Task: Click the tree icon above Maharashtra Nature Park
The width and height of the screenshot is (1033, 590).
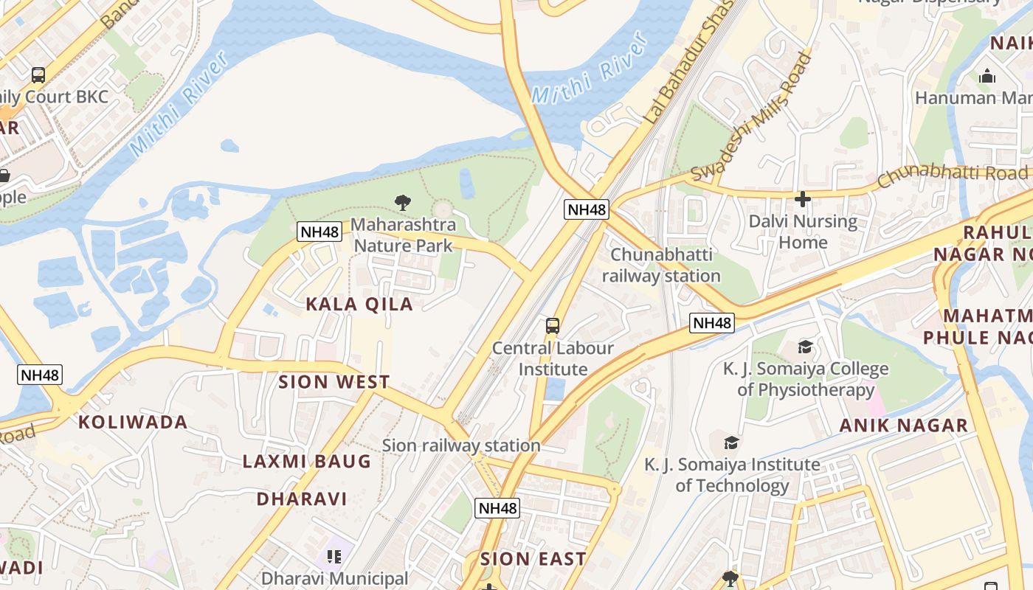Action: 403,202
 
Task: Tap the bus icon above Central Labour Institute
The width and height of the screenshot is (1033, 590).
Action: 552,325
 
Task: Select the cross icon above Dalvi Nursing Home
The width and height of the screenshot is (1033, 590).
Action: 803,198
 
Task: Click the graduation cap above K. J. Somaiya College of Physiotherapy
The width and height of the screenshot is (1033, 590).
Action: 805,347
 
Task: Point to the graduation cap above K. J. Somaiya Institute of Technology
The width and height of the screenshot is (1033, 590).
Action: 731,442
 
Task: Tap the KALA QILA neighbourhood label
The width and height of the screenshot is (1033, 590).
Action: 359,304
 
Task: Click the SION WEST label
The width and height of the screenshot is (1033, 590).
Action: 334,382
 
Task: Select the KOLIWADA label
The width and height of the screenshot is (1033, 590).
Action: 133,423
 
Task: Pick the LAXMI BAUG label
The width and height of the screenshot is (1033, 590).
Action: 307,462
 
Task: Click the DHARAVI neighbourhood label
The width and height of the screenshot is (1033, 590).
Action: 302,499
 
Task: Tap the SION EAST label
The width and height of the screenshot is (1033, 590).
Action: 533,559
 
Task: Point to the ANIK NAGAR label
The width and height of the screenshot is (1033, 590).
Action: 904,425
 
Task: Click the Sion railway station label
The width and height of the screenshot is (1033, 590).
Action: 461,445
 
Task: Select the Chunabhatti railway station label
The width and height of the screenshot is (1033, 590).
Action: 661,265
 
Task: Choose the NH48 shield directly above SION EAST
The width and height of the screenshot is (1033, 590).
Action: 497,507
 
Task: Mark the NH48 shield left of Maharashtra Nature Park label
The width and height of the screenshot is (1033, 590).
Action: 319,232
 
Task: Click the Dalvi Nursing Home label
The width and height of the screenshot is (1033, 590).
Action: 803,232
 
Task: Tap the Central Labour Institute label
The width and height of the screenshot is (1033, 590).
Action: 553,358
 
